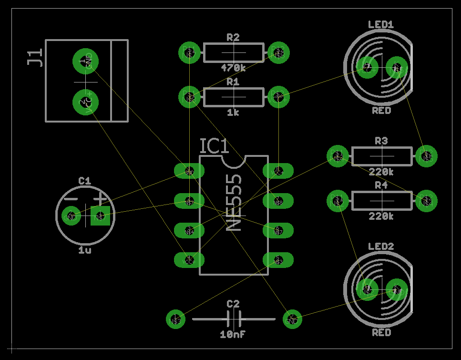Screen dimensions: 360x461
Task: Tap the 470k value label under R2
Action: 233,68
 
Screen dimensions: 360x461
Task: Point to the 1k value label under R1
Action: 233,113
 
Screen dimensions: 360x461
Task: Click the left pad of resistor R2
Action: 189,52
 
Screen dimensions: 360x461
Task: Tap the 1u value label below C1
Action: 85,249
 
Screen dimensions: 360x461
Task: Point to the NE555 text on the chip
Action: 233,202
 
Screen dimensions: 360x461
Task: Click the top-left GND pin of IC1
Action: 189,171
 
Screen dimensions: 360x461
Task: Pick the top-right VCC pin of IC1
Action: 278,171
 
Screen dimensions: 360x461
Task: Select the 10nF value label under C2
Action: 233,335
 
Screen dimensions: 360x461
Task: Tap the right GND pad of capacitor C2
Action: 292,319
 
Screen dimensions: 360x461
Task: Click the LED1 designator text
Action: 381,24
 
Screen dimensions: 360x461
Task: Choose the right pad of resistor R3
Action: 425,156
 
